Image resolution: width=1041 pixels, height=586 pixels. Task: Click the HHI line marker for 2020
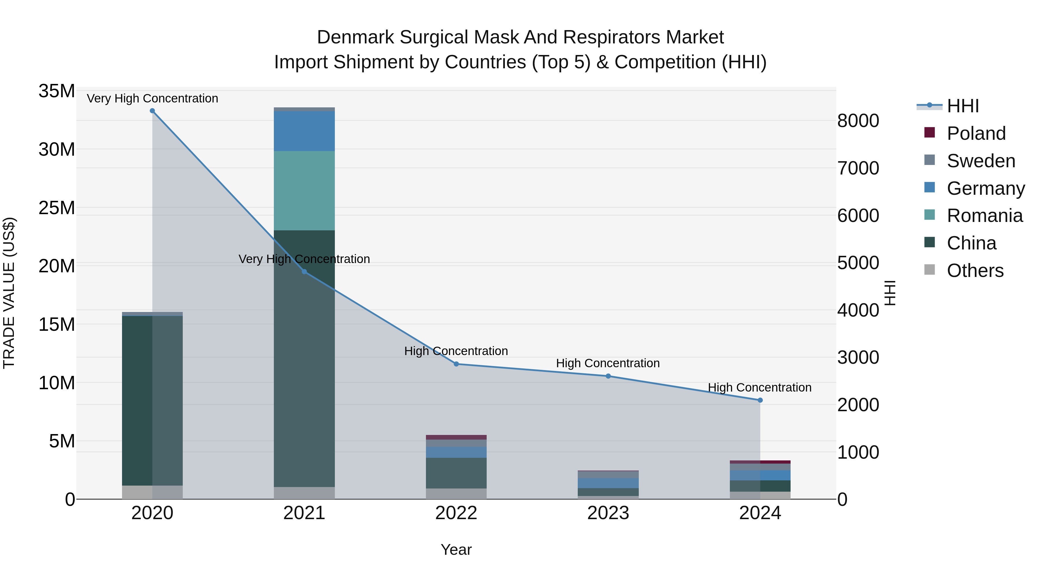pyautogui.click(x=152, y=111)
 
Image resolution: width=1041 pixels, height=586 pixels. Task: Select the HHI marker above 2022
pyautogui.click(x=456, y=364)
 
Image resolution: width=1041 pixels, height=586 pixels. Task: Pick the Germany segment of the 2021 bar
pyautogui.click(x=304, y=131)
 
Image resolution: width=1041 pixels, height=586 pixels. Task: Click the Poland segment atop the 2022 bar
pyautogui.click(x=456, y=437)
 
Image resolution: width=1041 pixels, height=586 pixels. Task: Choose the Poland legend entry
pyautogui.click(x=976, y=133)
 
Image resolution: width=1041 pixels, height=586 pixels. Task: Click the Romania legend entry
pyautogui.click(x=984, y=216)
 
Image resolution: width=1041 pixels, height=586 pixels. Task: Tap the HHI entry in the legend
pyautogui.click(x=963, y=106)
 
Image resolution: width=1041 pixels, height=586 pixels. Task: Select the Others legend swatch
pyautogui.click(x=929, y=270)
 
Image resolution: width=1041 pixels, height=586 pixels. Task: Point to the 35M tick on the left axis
pyautogui.click(x=57, y=91)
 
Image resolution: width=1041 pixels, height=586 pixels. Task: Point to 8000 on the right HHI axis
pyautogui.click(x=858, y=121)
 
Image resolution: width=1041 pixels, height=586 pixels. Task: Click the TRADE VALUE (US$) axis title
pyautogui.click(x=9, y=293)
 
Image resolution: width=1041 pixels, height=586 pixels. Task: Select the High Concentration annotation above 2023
pyautogui.click(x=608, y=363)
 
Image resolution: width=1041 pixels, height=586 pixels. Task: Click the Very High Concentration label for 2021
pyautogui.click(x=304, y=259)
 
